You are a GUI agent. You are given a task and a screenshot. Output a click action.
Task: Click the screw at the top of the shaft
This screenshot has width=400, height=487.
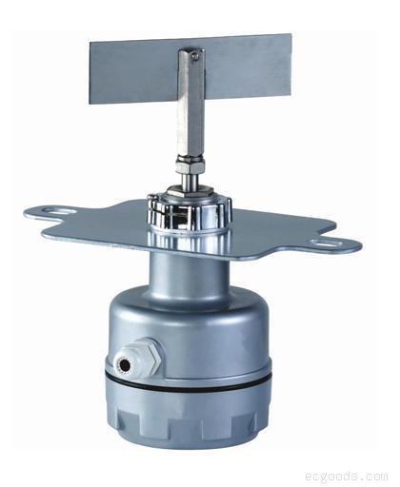pyautogui.click(x=194, y=56)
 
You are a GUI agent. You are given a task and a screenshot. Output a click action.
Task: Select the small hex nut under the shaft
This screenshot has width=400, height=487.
pyautogui.click(x=190, y=164)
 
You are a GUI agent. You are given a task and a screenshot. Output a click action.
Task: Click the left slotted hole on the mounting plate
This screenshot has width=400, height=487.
pyautogui.click(x=59, y=210)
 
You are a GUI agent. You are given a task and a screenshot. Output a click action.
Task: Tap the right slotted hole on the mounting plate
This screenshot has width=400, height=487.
pyautogui.click(x=327, y=243)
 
